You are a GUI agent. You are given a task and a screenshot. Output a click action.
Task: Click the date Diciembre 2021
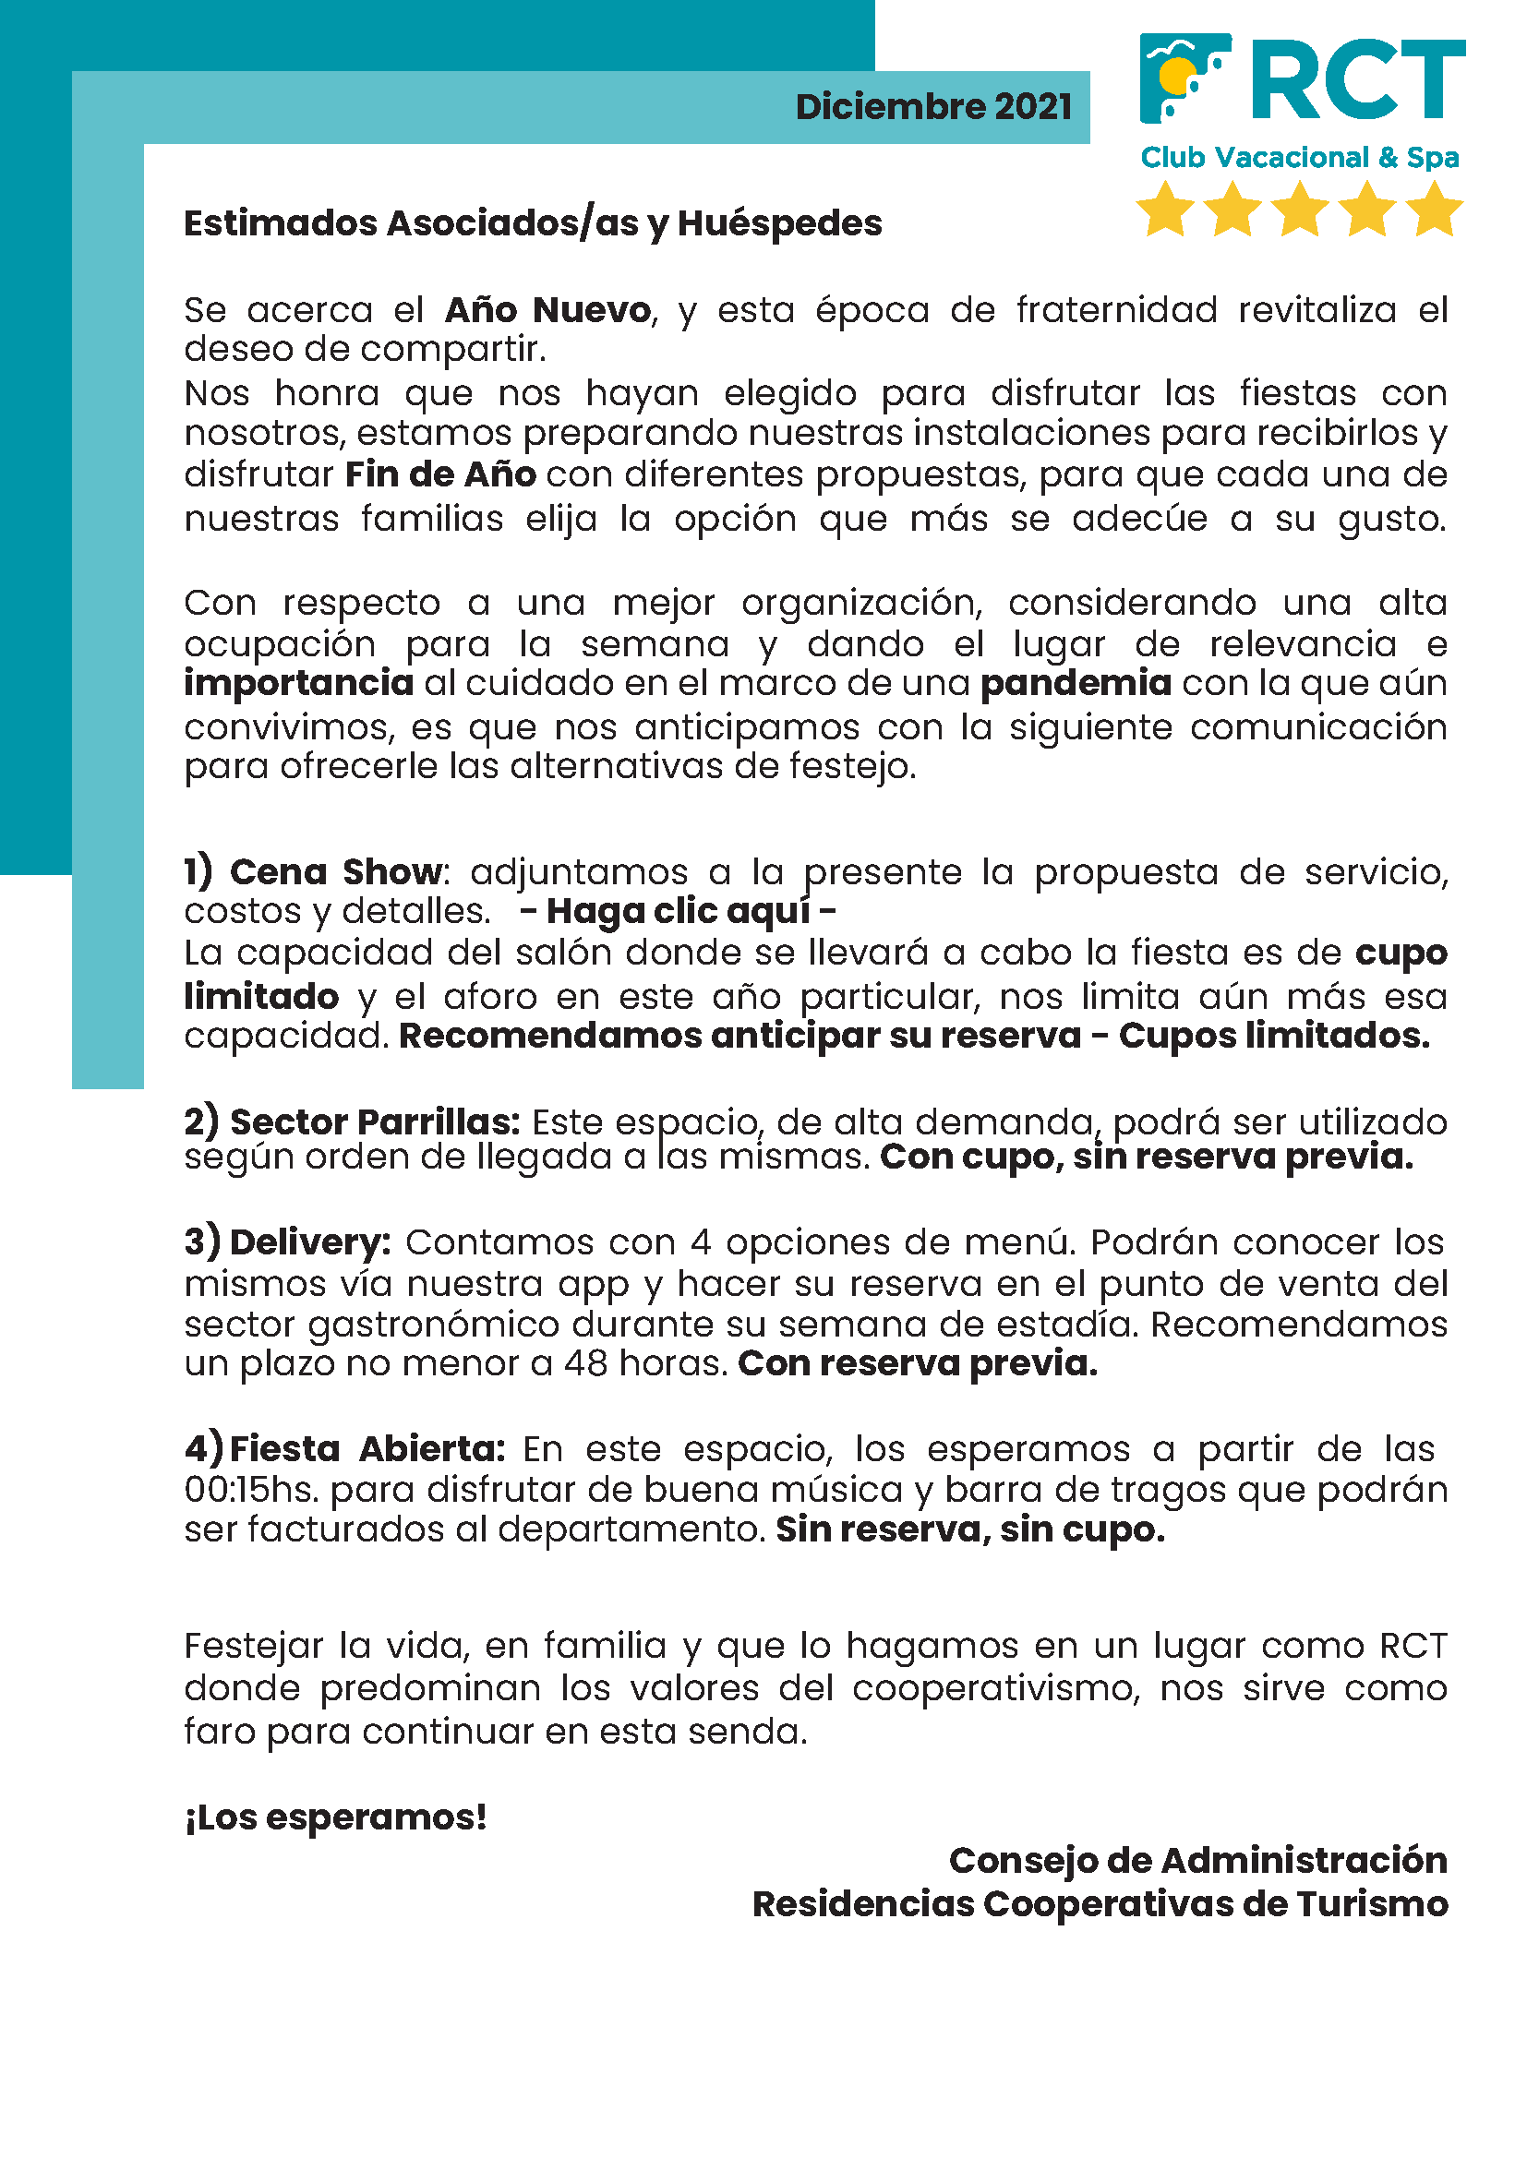pos(932,107)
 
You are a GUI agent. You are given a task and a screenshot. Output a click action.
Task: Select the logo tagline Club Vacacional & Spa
pos(1300,158)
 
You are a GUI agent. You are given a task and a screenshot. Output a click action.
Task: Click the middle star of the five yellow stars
pos(1300,209)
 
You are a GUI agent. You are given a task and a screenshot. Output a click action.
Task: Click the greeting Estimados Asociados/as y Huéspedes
pos(532,223)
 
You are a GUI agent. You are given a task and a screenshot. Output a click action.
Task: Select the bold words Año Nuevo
pos(547,310)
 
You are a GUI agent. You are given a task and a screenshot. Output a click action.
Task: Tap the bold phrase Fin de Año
pos(440,474)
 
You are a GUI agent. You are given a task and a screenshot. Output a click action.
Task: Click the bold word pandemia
pos(1076,684)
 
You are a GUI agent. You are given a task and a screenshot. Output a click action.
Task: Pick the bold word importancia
pos(299,684)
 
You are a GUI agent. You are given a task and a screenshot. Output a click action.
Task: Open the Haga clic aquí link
pos(678,911)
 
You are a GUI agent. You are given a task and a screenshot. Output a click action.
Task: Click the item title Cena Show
pos(336,871)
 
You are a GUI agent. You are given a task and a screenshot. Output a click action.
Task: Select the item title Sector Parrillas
pos(374,1121)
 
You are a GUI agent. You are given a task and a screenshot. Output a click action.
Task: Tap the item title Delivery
pos(309,1242)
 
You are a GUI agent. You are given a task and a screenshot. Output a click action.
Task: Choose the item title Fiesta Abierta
pos(367,1449)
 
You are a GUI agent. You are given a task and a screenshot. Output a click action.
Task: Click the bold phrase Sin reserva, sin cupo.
pos(969,1529)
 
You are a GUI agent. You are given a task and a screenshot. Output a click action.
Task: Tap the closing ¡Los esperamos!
pos(336,1817)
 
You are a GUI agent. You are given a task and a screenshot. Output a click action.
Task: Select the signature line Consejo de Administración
pos(1197,1861)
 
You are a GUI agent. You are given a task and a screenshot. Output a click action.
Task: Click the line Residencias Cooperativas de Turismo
pos(1100,1904)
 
